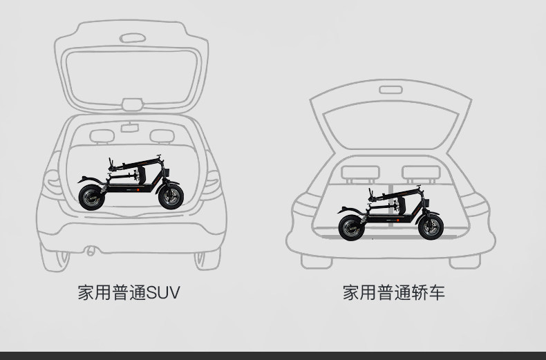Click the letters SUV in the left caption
click(164, 292)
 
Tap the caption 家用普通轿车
click(394, 292)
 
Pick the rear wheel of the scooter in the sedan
click(350, 227)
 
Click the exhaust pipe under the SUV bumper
click(90, 250)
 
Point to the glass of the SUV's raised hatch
click(131, 73)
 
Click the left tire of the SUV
click(55, 258)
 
